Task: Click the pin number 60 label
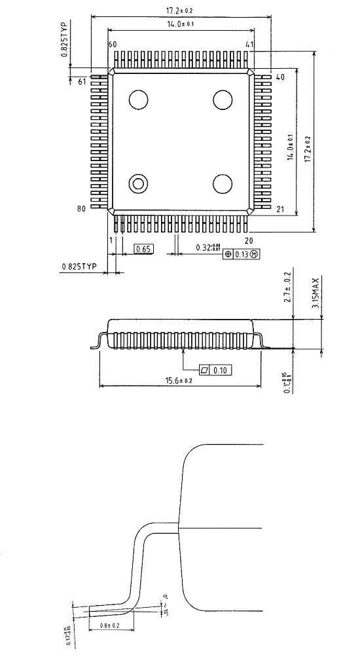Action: click(112, 44)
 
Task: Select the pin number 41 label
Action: click(249, 44)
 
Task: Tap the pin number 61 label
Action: click(82, 82)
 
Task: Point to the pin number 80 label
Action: click(82, 209)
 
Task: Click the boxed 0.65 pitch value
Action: click(142, 249)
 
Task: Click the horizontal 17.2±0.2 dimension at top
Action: click(179, 10)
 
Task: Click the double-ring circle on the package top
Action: click(139, 184)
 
